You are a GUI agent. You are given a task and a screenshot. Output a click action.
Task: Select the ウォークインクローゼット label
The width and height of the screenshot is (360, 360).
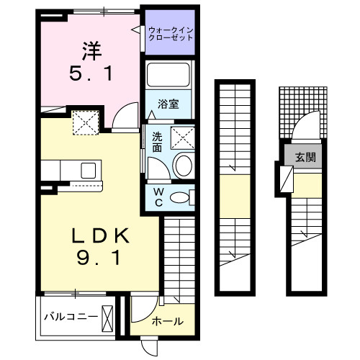(x=171, y=33)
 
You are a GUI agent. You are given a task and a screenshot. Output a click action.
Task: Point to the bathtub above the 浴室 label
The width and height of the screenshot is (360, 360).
(x=168, y=76)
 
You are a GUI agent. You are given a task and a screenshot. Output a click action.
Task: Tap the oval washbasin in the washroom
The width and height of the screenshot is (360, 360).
(x=184, y=165)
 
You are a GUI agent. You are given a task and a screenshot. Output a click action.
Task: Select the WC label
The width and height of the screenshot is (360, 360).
(x=158, y=197)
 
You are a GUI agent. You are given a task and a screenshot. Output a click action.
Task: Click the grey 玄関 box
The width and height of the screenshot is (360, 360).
(x=302, y=156)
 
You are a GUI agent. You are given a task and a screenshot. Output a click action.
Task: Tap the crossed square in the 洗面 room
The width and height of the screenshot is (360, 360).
(x=183, y=135)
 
